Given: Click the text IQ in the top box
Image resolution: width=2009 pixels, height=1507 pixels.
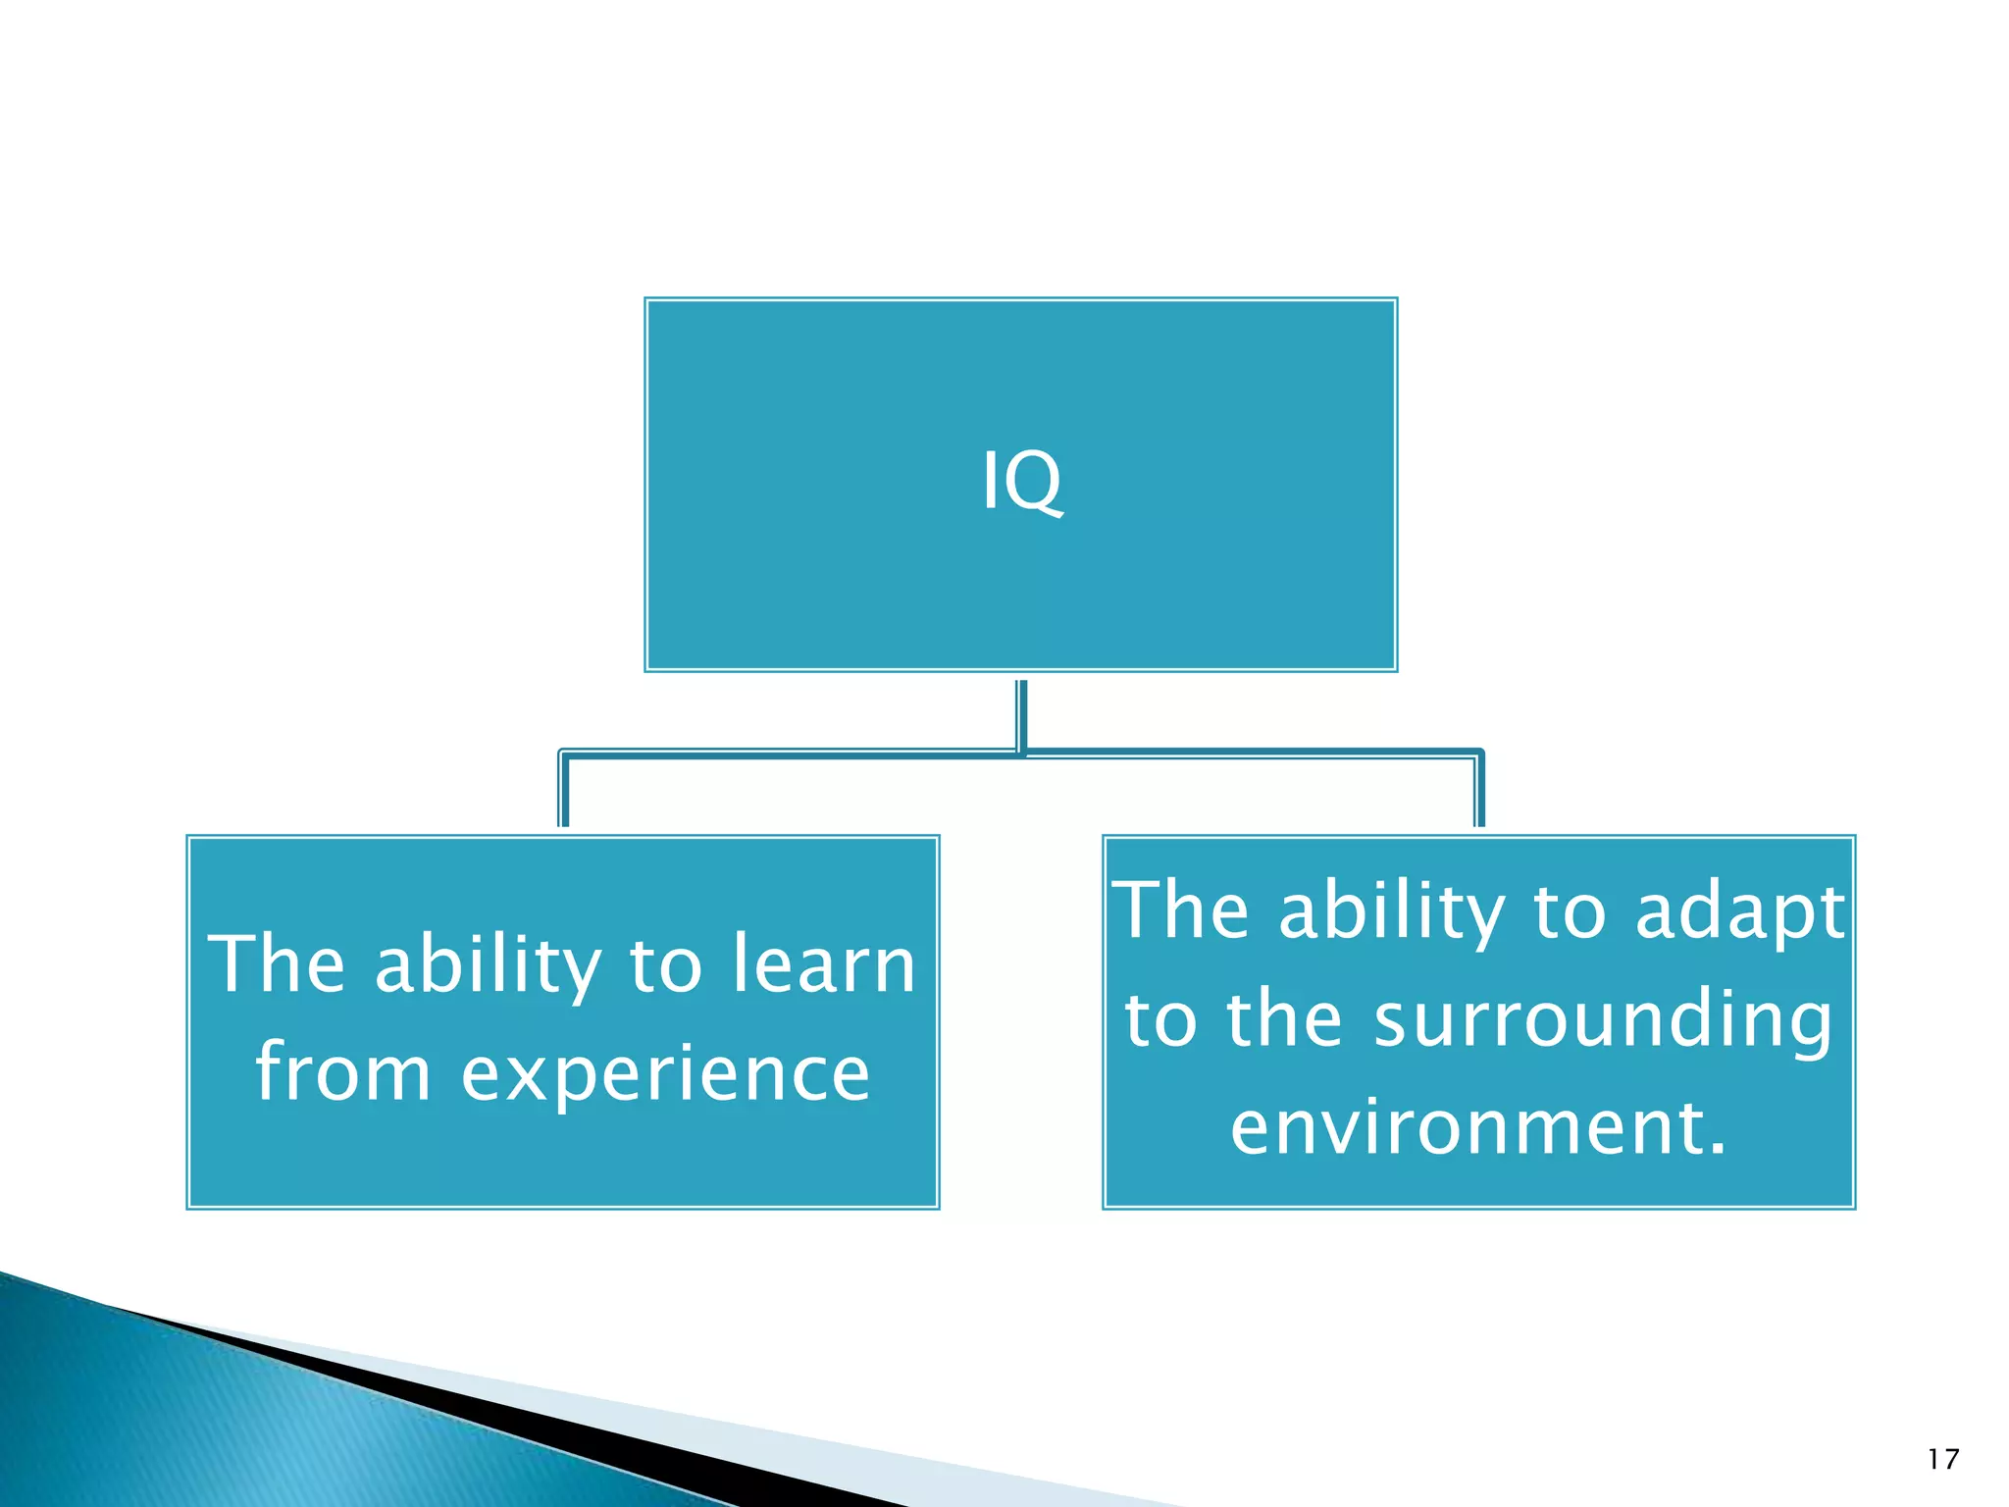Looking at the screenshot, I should click(x=1021, y=481).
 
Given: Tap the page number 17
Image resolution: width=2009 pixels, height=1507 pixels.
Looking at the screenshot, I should click(x=1942, y=1460).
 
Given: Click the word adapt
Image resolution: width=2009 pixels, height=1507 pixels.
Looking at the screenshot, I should click(x=1740, y=910).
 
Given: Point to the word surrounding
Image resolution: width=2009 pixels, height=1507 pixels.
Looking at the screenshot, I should click(x=1602, y=1020).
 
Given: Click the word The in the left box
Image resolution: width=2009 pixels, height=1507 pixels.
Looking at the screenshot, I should click(x=277, y=964).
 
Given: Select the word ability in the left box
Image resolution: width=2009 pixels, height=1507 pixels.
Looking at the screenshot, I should click(x=488, y=966).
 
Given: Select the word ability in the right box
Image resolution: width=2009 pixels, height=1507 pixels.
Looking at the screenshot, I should click(x=1392, y=912).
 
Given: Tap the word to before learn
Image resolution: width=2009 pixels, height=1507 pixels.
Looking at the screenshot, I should click(x=666, y=966).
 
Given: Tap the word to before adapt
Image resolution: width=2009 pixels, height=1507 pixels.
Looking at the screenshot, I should click(x=1570, y=912).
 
